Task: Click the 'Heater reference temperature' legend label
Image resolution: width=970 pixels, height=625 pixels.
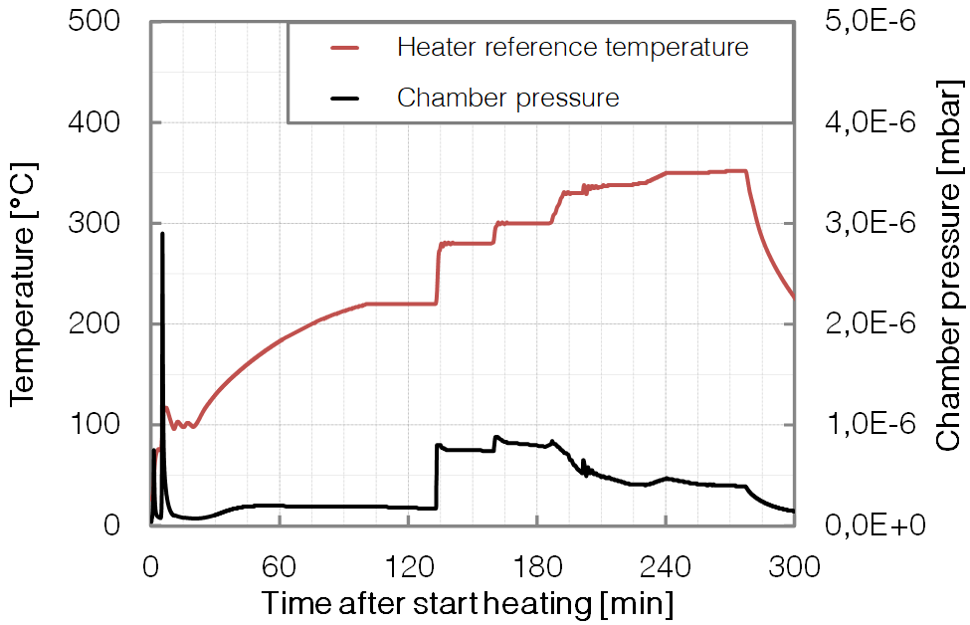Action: click(571, 47)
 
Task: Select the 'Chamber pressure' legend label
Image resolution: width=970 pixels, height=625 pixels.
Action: click(507, 98)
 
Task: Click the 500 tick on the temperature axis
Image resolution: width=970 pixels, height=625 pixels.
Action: click(97, 22)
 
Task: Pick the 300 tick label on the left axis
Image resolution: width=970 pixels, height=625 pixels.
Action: click(97, 223)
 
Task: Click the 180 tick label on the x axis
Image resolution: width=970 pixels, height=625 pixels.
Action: click(536, 567)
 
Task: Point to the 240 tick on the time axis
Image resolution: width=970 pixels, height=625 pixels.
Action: click(665, 567)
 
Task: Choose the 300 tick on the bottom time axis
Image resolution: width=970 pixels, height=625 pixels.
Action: click(794, 567)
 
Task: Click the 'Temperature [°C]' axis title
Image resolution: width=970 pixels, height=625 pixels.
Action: click(24, 274)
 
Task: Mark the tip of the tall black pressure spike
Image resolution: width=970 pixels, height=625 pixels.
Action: click(162, 234)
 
